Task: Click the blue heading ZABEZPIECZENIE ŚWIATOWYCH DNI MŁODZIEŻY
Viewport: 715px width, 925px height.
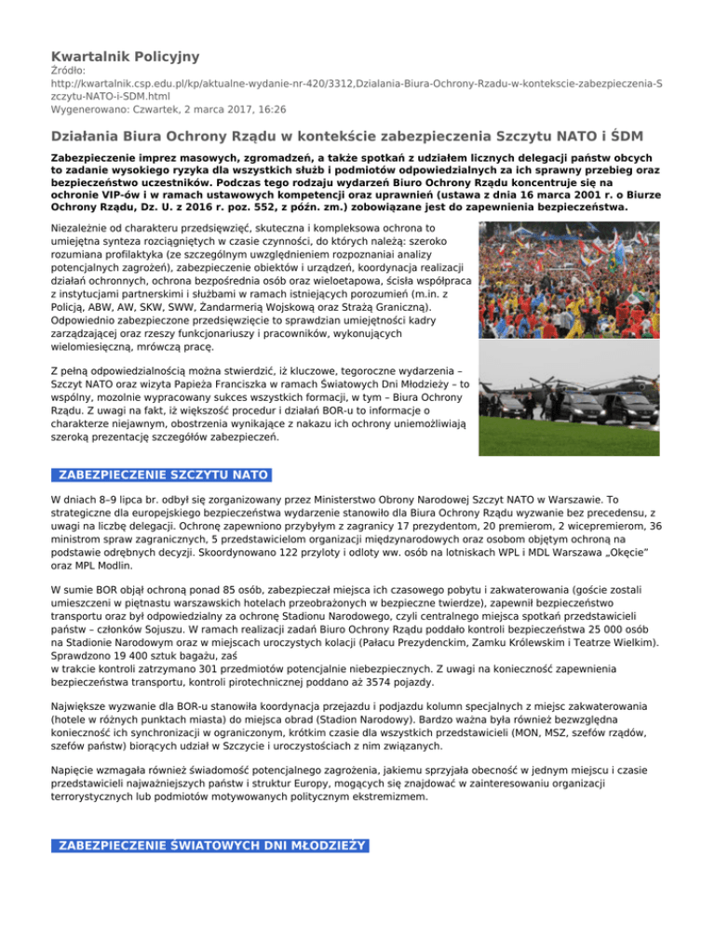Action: (212, 846)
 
